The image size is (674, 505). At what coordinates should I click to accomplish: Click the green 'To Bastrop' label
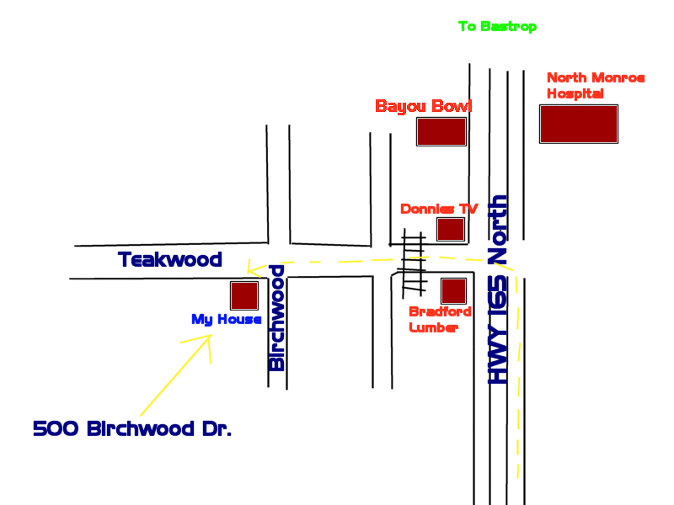point(497,27)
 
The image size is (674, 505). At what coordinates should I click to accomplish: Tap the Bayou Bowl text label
point(423,107)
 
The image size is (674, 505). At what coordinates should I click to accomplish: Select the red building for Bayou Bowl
point(441,132)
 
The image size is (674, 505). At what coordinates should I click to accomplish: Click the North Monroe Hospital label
point(596,86)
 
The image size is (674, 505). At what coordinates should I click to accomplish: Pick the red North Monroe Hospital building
point(579,124)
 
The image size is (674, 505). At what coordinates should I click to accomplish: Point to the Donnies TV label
point(439,209)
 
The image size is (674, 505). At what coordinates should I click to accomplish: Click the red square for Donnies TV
point(451,229)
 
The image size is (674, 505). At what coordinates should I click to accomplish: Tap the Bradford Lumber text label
point(440,320)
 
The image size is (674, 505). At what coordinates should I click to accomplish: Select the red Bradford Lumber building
point(454,291)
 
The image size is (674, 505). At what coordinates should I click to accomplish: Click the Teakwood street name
point(170,259)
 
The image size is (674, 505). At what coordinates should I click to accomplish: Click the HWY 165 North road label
point(500,290)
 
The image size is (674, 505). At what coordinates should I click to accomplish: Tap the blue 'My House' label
point(226,320)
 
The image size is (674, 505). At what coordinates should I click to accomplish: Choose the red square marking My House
point(244,295)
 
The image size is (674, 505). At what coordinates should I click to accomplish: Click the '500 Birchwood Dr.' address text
point(132,428)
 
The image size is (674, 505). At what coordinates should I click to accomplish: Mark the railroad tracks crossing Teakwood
point(412,263)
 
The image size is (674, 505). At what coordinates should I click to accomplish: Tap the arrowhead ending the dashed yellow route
point(250,268)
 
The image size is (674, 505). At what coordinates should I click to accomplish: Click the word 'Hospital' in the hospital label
point(575,94)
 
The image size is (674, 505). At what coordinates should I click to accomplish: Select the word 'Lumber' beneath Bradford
point(433,328)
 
